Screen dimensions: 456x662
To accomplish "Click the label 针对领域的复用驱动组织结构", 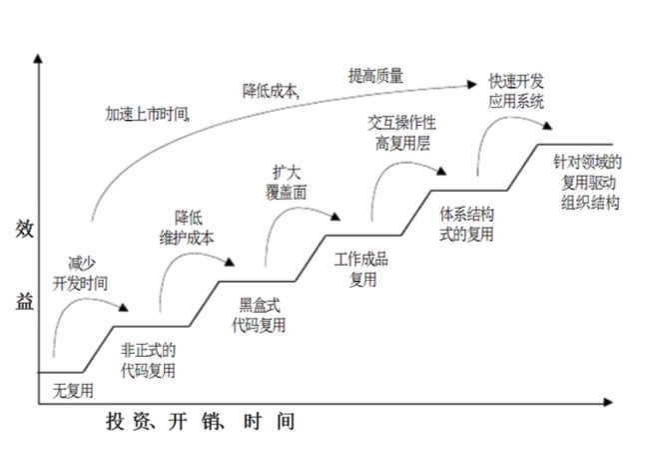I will tap(589, 181).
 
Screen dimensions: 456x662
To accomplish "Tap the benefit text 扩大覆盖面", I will tap(287, 180).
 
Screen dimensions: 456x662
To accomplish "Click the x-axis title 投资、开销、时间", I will tap(200, 422).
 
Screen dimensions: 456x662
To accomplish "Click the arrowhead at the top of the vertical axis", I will tap(38, 60).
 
